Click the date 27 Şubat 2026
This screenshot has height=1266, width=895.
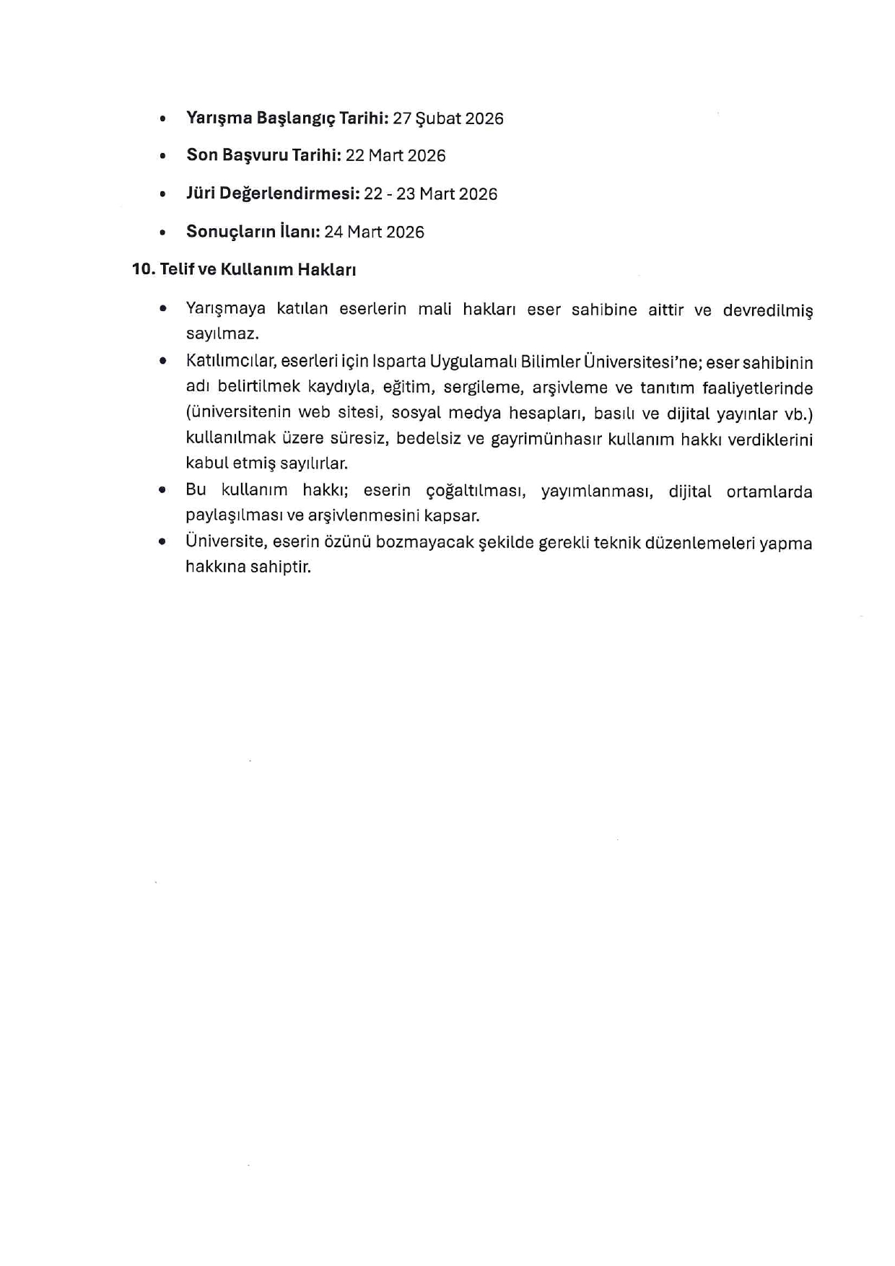(448, 118)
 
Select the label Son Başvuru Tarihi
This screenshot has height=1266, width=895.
(263, 155)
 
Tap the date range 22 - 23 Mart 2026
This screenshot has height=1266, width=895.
(430, 193)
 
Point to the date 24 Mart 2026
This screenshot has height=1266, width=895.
(374, 232)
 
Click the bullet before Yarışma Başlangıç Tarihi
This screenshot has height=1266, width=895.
(163, 118)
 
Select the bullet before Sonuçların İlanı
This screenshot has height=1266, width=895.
(163, 232)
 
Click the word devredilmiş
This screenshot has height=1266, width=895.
(767, 310)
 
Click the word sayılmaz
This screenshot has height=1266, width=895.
(222, 334)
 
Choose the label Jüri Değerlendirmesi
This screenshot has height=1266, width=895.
(273, 193)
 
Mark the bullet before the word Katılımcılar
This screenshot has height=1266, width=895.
(163, 361)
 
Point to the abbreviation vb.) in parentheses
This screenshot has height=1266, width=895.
(798, 414)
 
